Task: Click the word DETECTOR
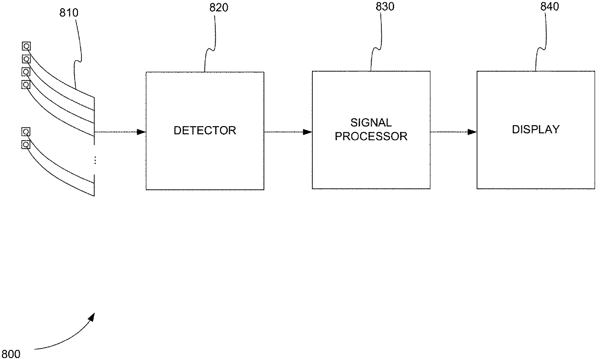tap(205, 130)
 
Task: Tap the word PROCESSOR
tap(371, 136)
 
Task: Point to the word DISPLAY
tap(535, 129)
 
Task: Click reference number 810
tap(69, 12)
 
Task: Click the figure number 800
tap(11, 355)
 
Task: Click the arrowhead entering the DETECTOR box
tap(142, 132)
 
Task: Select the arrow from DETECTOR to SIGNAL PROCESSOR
tap(288, 132)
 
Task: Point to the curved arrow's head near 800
tap(92, 316)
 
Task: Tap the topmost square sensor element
tap(26, 47)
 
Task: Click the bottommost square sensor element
tap(26, 144)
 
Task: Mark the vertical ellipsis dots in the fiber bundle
tap(95, 160)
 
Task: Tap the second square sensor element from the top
tap(26, 59)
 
